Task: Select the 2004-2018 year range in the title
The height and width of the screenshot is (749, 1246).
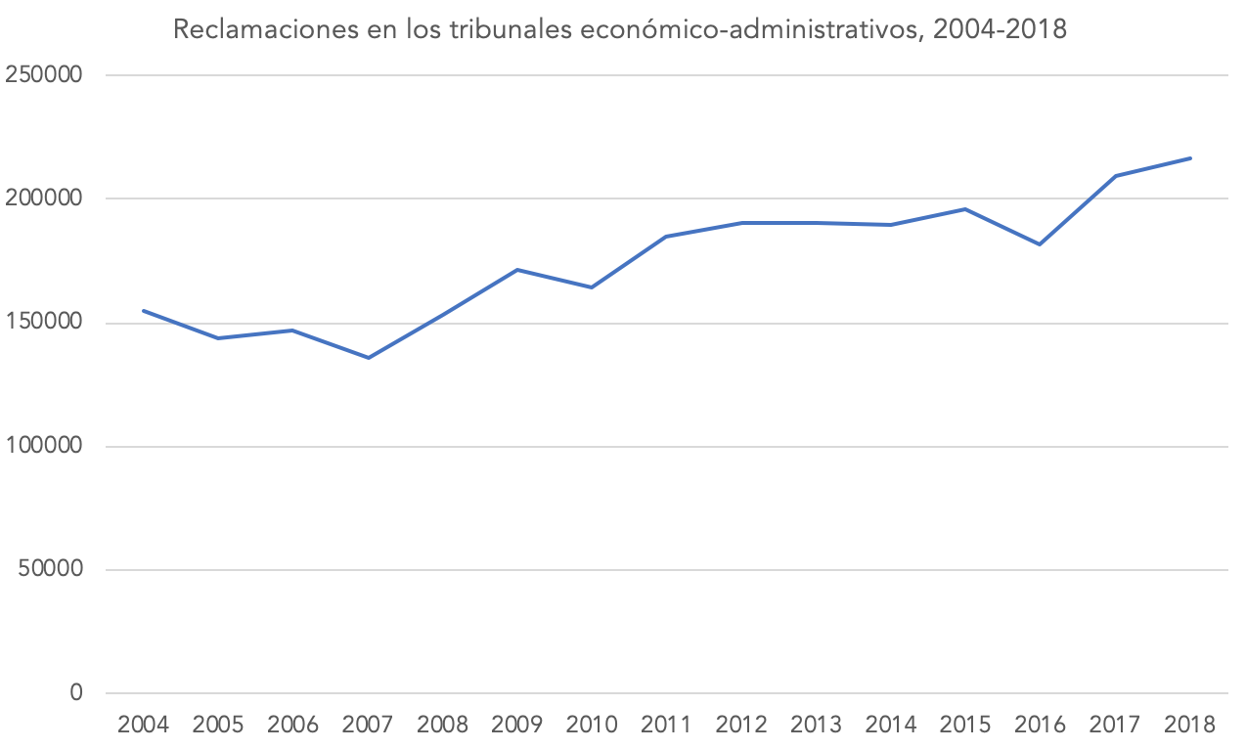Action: (x=1000, y=30)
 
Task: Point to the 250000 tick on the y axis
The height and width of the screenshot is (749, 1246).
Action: (x=44, y=75)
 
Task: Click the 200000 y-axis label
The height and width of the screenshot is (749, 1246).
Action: (x=44, y=198)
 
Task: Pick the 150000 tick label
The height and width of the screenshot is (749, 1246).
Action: (x=44, y=323)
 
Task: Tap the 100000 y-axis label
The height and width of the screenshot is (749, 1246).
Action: (x=44, y=446)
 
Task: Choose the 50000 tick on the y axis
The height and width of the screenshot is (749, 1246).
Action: (x=50, y=570)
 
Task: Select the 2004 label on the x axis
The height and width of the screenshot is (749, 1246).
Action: (x=143, y=726)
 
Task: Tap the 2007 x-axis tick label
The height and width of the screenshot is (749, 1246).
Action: (x=368, y=726)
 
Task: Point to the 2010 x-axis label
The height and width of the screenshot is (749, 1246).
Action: (x=592, y=726)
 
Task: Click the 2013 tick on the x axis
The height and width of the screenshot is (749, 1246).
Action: (x=817, y=726)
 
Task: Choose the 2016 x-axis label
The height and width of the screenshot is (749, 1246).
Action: (x=1041, y=726)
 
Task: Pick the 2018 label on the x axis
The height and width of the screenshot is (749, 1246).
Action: (x=1190, y=726)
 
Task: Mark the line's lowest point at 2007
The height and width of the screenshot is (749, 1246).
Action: (x=368, y=358)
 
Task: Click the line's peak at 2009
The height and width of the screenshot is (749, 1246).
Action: (x=517, y=269)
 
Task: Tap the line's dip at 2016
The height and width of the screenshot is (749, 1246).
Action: (x=1041, y=244)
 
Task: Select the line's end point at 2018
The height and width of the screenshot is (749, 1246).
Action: (x=1190, y=158)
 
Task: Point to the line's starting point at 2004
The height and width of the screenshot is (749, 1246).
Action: (x=144, y=311)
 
